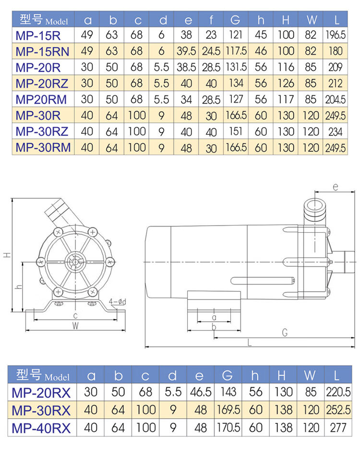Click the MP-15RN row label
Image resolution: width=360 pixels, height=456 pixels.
42,51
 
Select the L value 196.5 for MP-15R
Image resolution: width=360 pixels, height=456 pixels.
336,35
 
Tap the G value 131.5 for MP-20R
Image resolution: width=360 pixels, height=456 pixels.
236,67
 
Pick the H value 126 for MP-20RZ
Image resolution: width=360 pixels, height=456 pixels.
286,84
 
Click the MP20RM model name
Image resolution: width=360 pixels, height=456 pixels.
41,99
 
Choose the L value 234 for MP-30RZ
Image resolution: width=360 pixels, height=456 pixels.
336,132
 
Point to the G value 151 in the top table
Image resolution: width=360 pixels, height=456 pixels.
236,132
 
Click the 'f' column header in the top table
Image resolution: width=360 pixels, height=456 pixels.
211,20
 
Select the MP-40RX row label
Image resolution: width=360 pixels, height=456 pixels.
41,428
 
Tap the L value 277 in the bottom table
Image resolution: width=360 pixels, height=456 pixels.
338,428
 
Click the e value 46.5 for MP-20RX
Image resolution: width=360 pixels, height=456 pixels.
201,392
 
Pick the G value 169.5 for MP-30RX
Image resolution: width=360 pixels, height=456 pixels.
228,410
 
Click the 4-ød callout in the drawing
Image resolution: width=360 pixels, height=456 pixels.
118,301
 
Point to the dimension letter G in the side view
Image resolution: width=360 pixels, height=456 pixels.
285,333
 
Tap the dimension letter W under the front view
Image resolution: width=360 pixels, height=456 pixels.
75,326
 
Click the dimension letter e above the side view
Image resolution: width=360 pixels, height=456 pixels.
336,187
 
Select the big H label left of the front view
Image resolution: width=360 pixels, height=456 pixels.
7,255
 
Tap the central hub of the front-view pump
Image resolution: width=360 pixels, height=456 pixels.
75,262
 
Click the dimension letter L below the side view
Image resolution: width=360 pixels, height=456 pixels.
250,343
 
